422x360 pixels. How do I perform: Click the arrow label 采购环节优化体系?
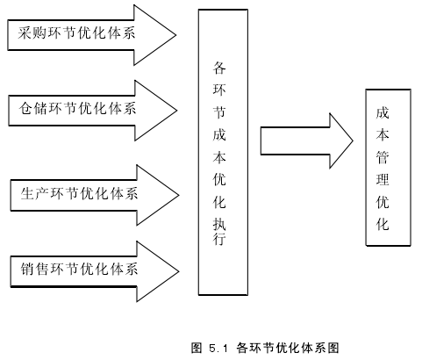click(x=76, y=32)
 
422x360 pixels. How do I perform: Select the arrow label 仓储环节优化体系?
click(x=77, y=108)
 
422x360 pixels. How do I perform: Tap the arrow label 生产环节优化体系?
click(x=79, y=193)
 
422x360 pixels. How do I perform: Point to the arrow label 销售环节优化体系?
click(x=79, y=269)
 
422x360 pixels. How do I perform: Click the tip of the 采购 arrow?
click(x=175, y=35)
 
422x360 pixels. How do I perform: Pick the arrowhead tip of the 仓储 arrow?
click(x=176, y=111)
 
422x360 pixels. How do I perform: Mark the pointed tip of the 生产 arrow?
click(x=178, y=195)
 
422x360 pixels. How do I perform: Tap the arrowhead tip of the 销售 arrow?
click(x=178, y=271)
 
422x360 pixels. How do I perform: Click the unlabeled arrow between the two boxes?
click(x=307, y=140)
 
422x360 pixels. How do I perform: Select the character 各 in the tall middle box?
click(x=219, y=68)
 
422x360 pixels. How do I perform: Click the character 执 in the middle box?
click(x=219, y=224)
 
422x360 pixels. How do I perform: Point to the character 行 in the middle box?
click(x=219, y=238)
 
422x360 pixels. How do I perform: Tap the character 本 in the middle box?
click(x=219, y=157)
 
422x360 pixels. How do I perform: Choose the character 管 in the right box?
click(x=383, y=157)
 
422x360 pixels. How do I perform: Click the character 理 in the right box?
click(x=383, y=179)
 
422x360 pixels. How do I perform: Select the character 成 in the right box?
click(x=383, y=112)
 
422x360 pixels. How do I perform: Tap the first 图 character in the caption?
click(x=197, y=348)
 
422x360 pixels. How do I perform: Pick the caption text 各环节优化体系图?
click(x=288, y=348)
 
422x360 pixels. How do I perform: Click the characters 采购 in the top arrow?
click(x=32, y=32)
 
